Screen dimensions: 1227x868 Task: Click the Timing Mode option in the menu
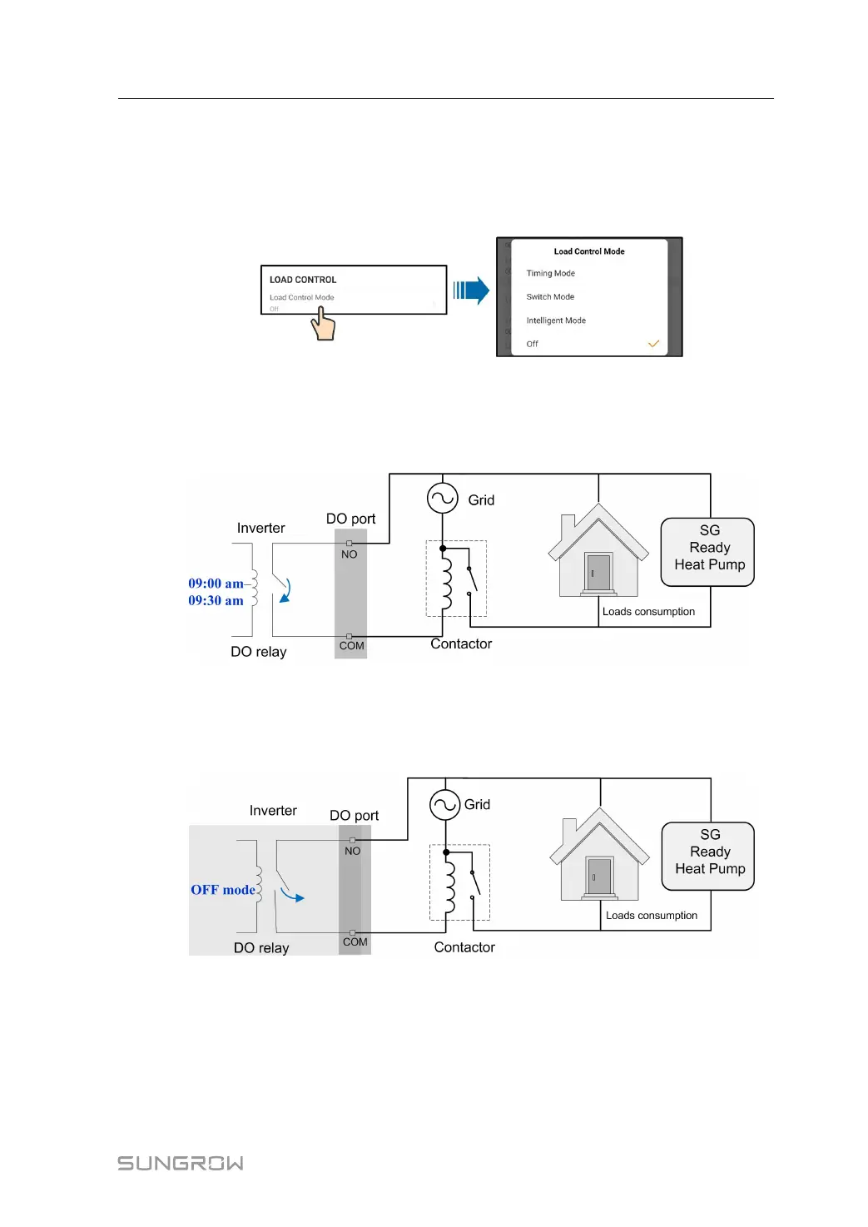point(550,273)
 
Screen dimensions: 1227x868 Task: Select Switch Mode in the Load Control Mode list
point(550,296)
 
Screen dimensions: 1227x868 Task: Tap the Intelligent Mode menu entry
point(556,320)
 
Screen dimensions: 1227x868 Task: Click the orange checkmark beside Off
point(653,344)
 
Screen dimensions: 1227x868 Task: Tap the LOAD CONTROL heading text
point(303,280)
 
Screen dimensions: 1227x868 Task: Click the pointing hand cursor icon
point(323,324)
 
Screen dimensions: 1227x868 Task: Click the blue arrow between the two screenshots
point(471,291)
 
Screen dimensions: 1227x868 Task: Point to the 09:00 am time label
point(216,584)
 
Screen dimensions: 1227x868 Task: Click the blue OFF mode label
point(223,890)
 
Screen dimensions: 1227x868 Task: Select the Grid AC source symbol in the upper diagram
point(443,499)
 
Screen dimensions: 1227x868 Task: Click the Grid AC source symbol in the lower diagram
point(445,805)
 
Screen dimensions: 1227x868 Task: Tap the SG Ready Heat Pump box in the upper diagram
point(708,552)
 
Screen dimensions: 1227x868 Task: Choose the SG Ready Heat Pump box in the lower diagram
point(709,856)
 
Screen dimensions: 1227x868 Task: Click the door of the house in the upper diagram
point(598,572)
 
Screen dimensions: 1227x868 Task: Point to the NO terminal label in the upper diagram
point(350,554)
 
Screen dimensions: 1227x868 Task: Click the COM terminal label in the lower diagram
point(355,941)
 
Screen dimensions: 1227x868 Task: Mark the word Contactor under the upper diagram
point(461,643)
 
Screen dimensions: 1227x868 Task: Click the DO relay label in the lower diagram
point(261,947)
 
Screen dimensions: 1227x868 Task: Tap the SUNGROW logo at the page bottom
point(181,1163)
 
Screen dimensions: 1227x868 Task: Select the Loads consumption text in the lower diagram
point(652,915)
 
